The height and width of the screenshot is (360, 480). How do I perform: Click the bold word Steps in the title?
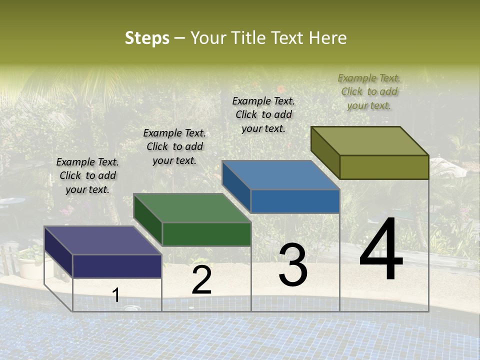[x=147, y=38]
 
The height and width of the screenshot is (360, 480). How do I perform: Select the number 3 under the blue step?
[x=293, y=265]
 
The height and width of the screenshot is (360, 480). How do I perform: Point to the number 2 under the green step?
[x=201, y=280]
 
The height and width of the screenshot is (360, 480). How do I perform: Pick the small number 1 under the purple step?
[x=116, y=295]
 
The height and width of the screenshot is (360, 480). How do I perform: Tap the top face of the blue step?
[x=280, y=175]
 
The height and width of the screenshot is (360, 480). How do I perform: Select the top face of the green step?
[x=192, y=208]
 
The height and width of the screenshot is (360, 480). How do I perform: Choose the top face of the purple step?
[x=103, y=240]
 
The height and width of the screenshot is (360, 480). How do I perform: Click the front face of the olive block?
[x=384, y=167]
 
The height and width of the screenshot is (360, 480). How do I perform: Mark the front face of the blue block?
[x=295, y=201]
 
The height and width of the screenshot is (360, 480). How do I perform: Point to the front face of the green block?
[x=206, y=234]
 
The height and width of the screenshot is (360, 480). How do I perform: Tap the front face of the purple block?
[x=117, y=266]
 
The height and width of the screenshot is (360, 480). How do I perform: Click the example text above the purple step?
[x=87, y=175]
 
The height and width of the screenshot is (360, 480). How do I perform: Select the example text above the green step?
[x=174, y=146]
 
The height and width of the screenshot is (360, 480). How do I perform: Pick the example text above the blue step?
[x=263, y=114]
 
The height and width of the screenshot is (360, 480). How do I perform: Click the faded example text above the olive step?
[x=369, y=91]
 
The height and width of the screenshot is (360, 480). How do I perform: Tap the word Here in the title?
[x=328, y=38]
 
